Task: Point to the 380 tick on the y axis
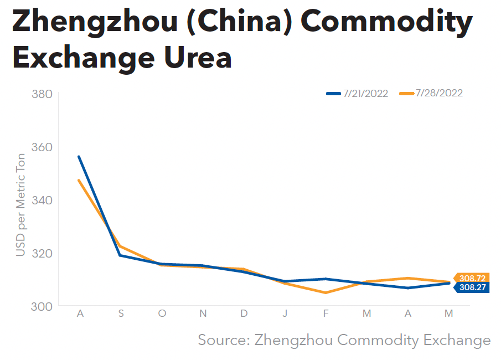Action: click(x=43, y=94)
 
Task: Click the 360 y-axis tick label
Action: click(x=43, y=147)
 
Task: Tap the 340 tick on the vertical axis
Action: click(x=43, y=200)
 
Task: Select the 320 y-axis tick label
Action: click(x=43, y=253)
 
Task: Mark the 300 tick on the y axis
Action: click(x=43, y=306)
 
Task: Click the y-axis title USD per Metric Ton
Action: click(x=20, y=205)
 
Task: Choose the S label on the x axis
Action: click(x=121, y=314)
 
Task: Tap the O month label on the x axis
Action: click(x=162, y=314)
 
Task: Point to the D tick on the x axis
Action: click(x=244, y=314)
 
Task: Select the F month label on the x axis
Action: click(x=326, y=314)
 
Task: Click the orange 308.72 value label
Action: click(x=472, y=278)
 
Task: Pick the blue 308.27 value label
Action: click(x=472, y=287)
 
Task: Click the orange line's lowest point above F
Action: click(x=326, y=292)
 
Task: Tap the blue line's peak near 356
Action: click(x=80, y=157)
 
